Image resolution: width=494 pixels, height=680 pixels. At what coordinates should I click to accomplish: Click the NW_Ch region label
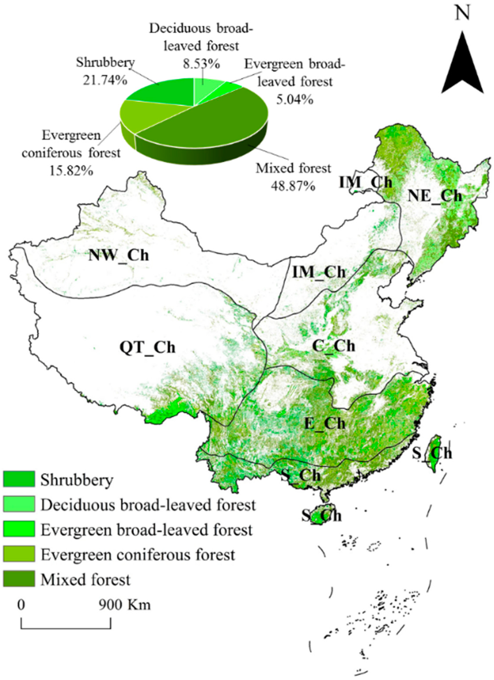pyautogui.click(x=118, y=256)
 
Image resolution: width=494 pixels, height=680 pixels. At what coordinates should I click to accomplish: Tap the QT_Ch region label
pyautogui.click(x=147, y=348)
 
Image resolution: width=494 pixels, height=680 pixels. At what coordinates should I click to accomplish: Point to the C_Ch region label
pyautogui.click(x=334, y=346)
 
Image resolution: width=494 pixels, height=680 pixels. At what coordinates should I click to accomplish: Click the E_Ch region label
pyautogui.click(x=325, y=424)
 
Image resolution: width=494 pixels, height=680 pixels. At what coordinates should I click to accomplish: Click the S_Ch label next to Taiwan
pyautogui.click(x=432, y=453)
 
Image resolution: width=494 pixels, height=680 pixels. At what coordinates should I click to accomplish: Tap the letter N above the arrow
pyautogui.click(x=462, y=13)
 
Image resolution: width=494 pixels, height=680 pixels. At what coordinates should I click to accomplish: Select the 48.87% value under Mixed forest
pyautogui.click(x=293, y=186)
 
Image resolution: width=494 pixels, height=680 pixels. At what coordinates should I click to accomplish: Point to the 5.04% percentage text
pyautogui.click(x=295, y=100)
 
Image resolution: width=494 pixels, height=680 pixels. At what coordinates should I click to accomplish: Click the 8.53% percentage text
pyautogui.click(x=202, y=64)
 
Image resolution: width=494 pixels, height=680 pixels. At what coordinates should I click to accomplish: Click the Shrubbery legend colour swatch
pyautogui.click(x=19, y=479)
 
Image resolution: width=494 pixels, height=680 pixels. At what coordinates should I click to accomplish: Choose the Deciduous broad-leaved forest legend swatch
pyautogui.click(x=19, y=504)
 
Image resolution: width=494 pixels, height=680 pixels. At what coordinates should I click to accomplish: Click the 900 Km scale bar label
pyautogui.click(x=125, y=605)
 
